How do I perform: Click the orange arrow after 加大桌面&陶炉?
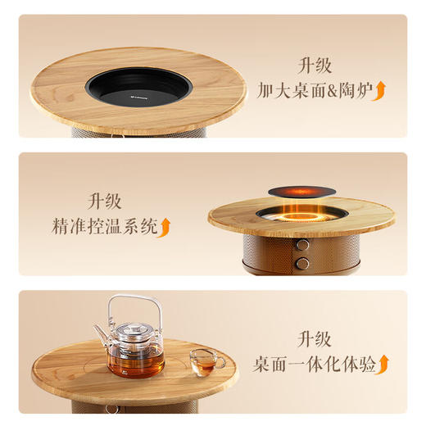[379, 90]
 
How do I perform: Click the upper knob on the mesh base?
[304, 244]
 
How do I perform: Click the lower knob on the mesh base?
[304, 263]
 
